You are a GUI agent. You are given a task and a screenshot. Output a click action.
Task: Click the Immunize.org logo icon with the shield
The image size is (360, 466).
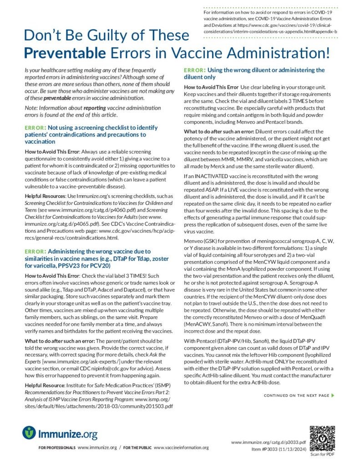pos(30,432)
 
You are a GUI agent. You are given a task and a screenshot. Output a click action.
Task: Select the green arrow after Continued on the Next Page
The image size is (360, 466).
pos(333,395)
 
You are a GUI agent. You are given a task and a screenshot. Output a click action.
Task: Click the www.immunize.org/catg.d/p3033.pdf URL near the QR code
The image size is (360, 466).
pos(268,442)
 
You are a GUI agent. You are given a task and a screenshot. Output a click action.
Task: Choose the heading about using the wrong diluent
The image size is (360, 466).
pos(254,73)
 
